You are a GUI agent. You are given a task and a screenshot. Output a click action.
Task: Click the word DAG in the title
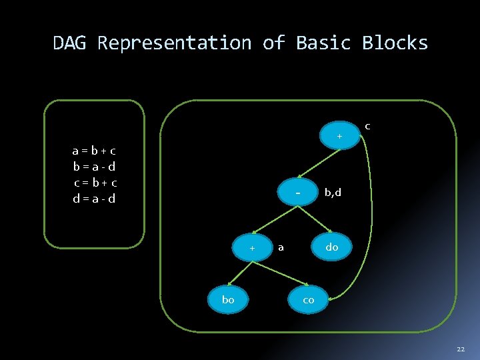[x=71, y=43]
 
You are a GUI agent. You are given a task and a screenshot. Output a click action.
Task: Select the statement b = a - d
[x=95, y=167]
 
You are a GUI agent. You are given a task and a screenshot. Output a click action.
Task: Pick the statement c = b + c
[x=95, y=183]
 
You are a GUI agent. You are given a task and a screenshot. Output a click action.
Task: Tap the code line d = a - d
[x=95, y=199]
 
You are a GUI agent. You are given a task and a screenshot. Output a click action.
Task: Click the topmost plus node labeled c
[x=339, y=137]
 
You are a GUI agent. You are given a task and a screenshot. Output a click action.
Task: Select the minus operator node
[x=298, y=193]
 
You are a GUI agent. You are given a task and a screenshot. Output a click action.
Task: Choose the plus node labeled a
[x=253, y=248]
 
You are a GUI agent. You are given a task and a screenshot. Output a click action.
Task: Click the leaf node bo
[x=228, y=300]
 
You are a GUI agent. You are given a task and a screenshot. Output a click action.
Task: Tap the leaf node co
[x=308, y=300]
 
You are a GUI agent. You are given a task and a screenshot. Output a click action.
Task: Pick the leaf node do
[x=331, y=247]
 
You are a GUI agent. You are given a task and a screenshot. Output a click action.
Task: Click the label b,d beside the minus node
[x=332, y=193]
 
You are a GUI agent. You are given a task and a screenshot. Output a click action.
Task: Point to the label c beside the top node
[x=367, y=125]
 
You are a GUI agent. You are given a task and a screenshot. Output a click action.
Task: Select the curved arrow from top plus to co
[x=371, y=213]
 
